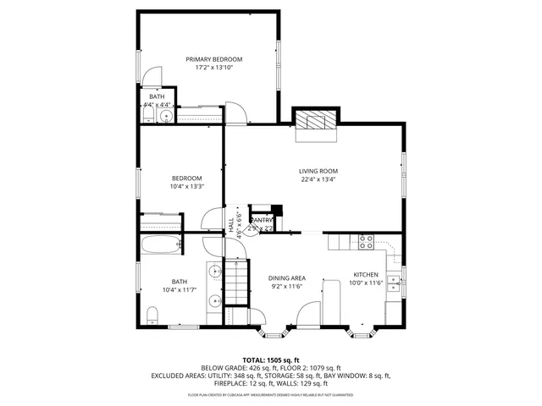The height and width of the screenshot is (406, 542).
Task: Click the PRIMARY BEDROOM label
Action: click(214, 58)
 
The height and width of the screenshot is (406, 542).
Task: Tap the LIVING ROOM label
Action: click(318, 171)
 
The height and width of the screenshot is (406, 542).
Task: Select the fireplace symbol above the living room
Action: click(315, 120)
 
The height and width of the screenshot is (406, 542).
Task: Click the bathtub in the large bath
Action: click(160, 246)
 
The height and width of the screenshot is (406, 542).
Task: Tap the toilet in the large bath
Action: click(152, 315)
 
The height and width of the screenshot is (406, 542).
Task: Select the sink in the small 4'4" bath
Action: click(166, 116)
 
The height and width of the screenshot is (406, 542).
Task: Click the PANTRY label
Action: click(262, 221)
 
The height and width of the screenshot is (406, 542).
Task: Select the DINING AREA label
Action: click(286, 277)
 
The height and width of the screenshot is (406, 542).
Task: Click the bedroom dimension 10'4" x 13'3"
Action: click(186, 186)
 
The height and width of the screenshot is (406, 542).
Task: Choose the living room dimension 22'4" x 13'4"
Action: click(318, 179)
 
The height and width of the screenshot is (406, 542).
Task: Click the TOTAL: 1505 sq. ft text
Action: click(271, 360)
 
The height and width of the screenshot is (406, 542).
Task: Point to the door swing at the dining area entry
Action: click(307, 315)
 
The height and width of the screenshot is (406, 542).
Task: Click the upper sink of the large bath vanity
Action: click(215, 272)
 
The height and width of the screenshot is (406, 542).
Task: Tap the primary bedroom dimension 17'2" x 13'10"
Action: click(214, 67)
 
